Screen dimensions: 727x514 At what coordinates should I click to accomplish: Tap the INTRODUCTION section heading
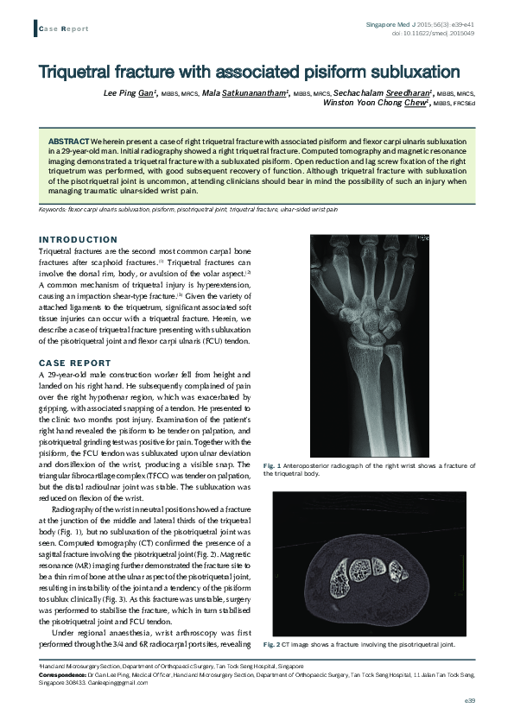tap(79, 239)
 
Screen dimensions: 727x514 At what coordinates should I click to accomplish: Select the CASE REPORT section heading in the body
tap(74, 363)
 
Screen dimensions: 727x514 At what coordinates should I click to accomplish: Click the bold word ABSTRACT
tap(67, 140)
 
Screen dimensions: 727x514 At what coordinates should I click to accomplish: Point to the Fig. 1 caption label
tap(321, 466)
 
